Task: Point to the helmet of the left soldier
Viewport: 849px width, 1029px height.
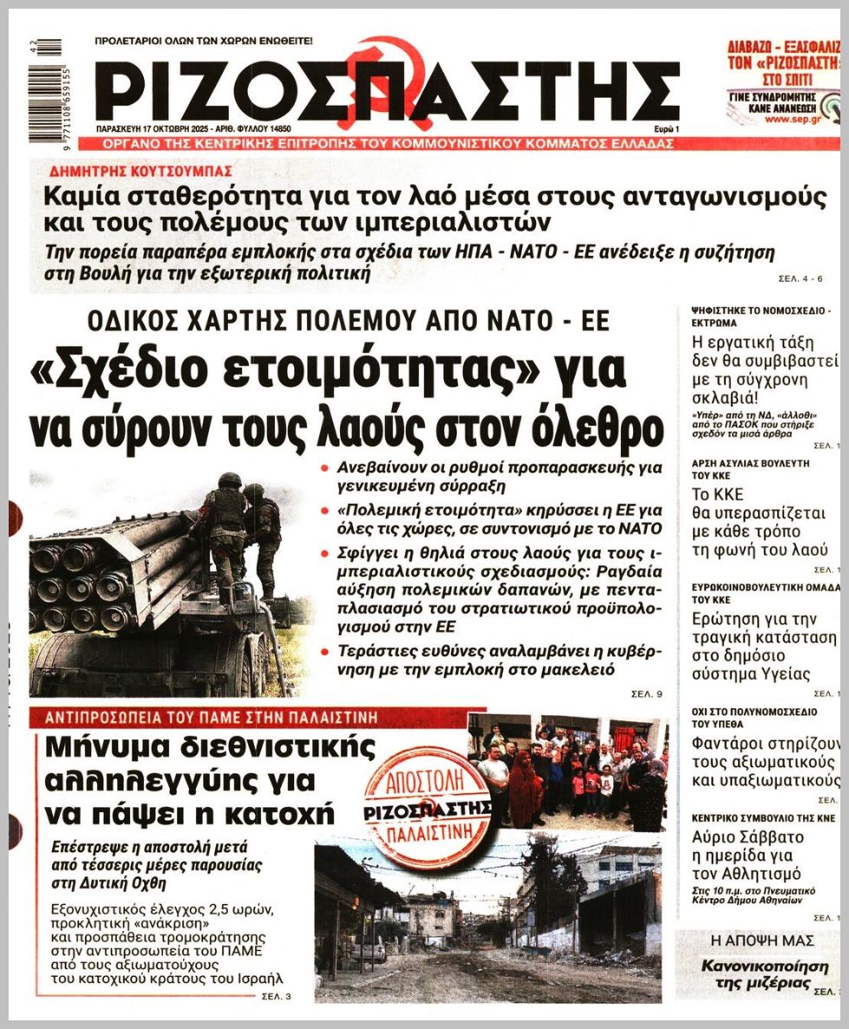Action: click(x=229, y=479)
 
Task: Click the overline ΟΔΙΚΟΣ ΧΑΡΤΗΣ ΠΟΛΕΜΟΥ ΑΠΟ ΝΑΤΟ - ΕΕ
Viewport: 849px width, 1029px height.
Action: click(x=348, y=322)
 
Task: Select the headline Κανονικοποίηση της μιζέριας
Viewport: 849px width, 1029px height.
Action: click(x=756, y=974)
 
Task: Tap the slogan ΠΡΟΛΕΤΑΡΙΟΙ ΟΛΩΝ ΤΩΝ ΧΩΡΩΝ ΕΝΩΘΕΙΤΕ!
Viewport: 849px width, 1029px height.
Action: click(x=204, y=41)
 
